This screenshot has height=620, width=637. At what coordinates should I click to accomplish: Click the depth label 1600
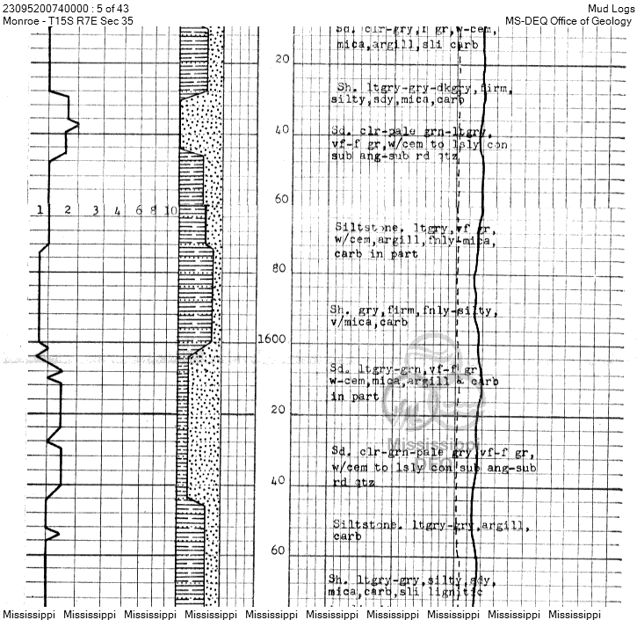pos(273,339)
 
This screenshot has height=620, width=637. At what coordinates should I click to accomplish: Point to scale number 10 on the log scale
pos(170,210)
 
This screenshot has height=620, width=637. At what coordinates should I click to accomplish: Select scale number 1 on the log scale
pos(40,210)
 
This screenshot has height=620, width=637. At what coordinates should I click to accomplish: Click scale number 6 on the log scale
pos(139,210)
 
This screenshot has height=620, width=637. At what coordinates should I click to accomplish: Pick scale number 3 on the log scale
pos(95,210)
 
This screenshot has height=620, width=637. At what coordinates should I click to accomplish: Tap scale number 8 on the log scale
pos(153,210)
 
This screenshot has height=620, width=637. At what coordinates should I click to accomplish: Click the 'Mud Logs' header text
pos(611,7)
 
